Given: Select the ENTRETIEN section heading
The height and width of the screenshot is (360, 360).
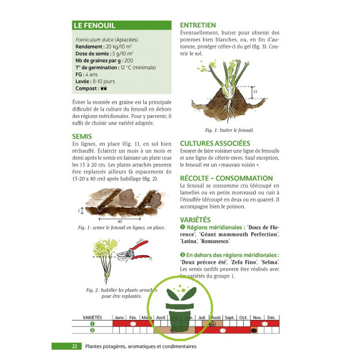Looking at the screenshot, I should click(198, 25).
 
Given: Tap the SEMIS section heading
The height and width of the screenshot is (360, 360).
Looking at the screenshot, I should click(82, 136).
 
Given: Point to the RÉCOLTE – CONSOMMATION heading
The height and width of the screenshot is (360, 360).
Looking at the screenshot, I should click(226, 178).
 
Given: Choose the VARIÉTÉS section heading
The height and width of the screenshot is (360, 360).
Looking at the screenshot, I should click(196, 219).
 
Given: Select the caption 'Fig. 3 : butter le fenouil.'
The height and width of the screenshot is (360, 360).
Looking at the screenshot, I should click(229, 130).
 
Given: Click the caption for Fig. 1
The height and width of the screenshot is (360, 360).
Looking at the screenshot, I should click(121, 227).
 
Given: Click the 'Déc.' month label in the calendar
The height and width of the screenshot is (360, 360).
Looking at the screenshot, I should click(272, 318).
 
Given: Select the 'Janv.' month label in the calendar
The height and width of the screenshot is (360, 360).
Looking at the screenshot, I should click(119, 318).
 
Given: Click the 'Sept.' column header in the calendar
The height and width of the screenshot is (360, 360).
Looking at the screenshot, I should click(230, 318).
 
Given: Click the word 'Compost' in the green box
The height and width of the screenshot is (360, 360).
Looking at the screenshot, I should click(87, 88).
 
